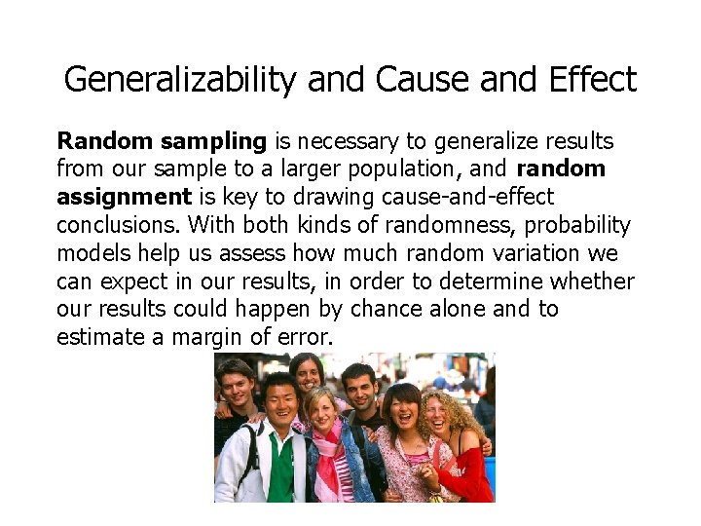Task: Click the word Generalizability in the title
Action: click(179, 80)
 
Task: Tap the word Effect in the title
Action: click(587, 80)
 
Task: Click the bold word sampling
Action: click(213, 141)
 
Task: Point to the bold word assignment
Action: click(124, 197)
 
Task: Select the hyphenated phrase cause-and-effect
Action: click(457, 198)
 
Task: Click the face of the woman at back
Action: click(308, 371)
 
